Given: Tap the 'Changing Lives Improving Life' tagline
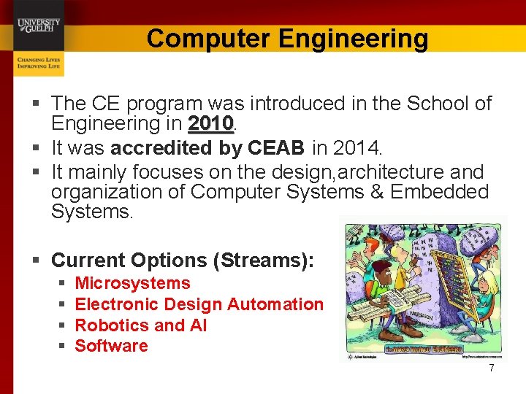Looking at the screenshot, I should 38,62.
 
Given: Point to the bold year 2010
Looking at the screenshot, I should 210,123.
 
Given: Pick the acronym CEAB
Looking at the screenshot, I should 276,148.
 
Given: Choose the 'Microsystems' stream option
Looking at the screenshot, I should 132,283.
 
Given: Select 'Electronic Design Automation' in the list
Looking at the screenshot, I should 199,304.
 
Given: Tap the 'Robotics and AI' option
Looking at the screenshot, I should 141,325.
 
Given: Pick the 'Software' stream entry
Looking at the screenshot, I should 111,346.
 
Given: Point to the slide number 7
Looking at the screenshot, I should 492,368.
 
